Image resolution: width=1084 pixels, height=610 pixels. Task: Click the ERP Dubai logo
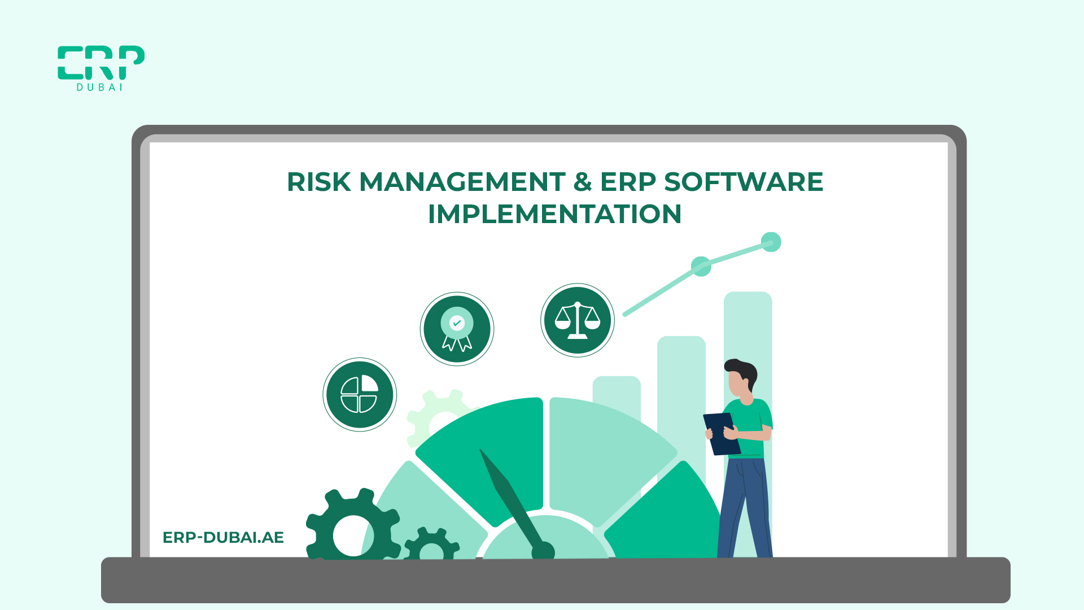(101, 68)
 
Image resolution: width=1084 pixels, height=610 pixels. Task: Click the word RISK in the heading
(319, 182)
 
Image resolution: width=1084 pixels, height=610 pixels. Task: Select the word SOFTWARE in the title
(744, 182)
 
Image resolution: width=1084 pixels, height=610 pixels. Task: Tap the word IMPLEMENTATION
(554, 214)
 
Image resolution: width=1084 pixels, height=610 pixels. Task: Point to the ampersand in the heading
(583, 182)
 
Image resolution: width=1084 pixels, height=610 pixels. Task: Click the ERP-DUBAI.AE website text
(223, 537)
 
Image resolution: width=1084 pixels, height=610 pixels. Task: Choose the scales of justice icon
(578, 320)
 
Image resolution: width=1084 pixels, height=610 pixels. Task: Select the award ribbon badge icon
(457, 329)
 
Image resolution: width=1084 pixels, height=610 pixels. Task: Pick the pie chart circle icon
(360, 394)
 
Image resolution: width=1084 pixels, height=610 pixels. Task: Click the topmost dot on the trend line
(771, 242)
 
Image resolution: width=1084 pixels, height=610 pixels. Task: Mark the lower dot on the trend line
(701, 266)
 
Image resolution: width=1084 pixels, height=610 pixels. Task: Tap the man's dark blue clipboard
(722, 434)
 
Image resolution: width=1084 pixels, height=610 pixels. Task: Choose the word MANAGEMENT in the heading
(462, 182)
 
